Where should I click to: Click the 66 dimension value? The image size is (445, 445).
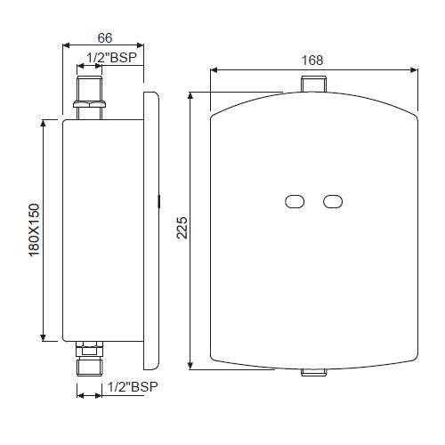(x=104, y=38)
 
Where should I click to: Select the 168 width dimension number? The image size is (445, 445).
(x=312, y=60)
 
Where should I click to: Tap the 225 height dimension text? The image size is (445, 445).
(x=182, y=231)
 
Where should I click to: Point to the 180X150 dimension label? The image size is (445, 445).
(x=34, y=230)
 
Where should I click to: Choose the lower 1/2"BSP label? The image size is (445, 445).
(x=132, y=387)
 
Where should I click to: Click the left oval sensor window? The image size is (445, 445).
(x=294, y=202)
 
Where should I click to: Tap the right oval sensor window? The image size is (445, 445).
(x=333, y=202)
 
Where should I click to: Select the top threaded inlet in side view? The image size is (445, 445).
(x=90, y=90)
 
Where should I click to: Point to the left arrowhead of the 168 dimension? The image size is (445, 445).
(x=214, y=70)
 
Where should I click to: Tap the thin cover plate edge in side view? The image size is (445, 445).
(x=150, y=230)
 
